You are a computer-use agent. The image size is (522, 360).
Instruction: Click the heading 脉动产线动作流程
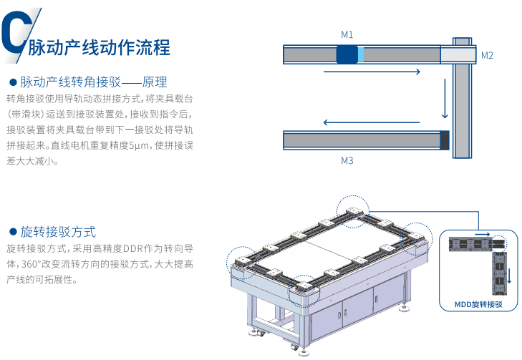click(99, 48)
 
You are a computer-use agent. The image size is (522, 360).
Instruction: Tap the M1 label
click(347, 34)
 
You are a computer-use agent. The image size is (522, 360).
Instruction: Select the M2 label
click(487, 55)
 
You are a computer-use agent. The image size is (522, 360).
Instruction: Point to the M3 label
click(347, 161)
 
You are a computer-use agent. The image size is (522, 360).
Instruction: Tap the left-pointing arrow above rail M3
click(358, 122)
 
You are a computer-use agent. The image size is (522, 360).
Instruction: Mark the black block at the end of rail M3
click(445, 140)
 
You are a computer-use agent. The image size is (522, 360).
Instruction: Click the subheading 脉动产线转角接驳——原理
click(93, 82)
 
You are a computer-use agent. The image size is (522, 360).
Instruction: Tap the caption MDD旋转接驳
click(478, 304)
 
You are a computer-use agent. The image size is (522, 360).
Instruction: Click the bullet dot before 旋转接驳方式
click(12, 232)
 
